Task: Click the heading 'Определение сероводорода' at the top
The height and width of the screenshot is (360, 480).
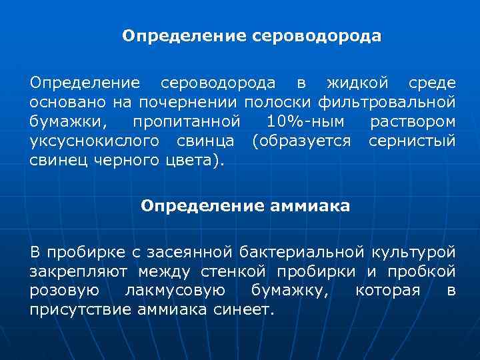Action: click(251, 36)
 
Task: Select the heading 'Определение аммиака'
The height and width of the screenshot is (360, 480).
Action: click(245, 206)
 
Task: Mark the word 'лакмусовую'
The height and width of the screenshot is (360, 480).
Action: click(175, 291)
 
